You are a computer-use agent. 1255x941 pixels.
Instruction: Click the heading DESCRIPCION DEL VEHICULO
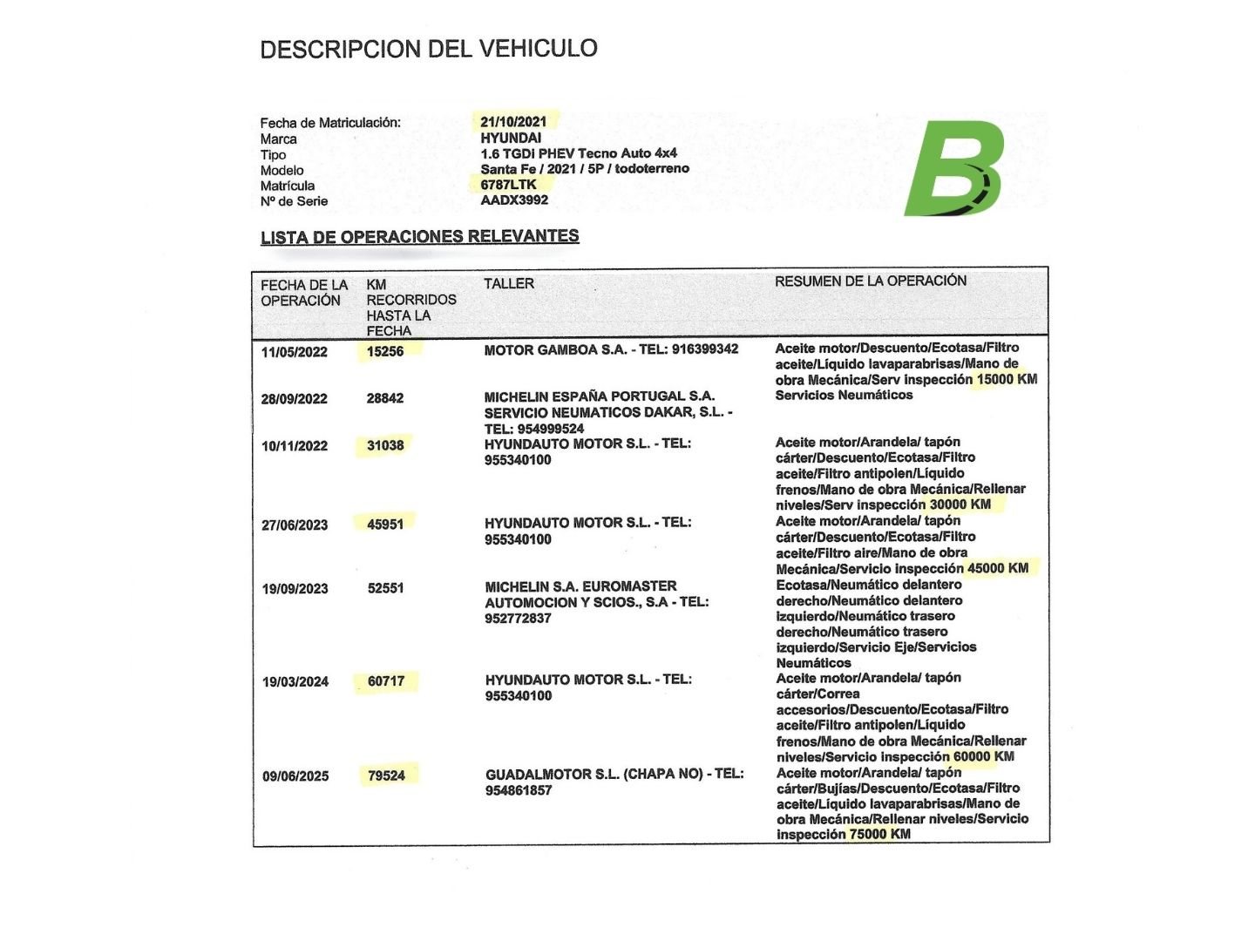[429, 49]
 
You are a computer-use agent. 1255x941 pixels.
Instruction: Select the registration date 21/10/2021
[513, 122]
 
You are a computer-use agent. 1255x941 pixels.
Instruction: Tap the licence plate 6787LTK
[508, 185]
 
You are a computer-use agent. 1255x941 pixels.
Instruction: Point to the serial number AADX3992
[514, 200]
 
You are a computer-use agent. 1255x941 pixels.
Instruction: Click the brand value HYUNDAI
[511, 138]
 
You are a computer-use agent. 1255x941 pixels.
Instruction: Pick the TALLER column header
[509, 284]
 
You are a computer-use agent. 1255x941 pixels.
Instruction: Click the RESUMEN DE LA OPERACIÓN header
[871, 281]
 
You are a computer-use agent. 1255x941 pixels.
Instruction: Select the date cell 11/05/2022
[295, 352]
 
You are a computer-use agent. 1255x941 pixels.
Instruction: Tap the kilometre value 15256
[385, 351]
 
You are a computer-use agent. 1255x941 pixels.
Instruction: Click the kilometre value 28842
[385, 398]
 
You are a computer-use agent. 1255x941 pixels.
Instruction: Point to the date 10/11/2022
[295, 446]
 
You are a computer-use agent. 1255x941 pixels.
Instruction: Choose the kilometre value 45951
[385, 525]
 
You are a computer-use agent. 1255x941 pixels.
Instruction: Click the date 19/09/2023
[295, 589]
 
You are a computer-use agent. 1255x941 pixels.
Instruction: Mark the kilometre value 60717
[386, 681]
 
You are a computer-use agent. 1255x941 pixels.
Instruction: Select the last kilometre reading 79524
[386, 775]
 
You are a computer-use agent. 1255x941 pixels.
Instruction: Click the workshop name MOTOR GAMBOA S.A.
[555, 349]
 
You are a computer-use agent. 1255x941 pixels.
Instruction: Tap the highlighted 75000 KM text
[879, 834]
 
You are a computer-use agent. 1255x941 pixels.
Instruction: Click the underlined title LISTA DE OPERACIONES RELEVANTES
[419, 237]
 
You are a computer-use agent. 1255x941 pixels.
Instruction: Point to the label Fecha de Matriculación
[330, 123]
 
